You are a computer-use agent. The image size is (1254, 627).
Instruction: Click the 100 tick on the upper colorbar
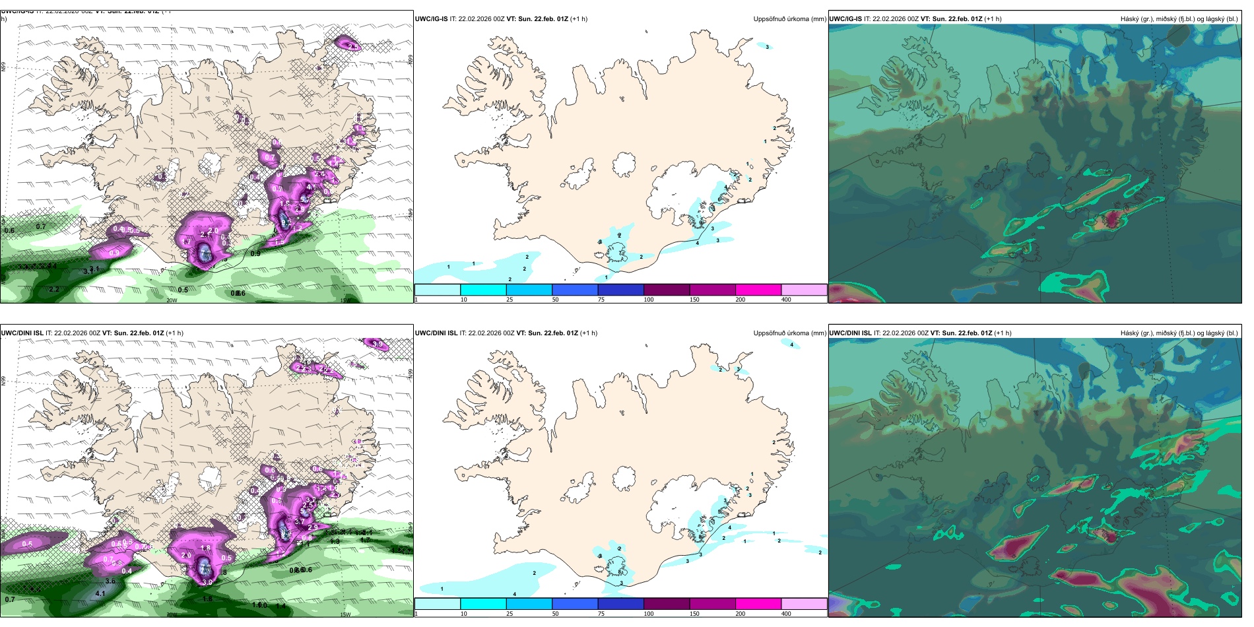649,300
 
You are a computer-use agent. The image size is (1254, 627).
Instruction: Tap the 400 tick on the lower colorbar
786,614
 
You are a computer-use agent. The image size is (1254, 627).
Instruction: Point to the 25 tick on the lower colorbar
510,614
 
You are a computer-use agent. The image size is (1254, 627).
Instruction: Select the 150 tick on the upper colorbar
694,300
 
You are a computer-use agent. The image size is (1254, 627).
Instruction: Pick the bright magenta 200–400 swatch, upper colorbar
758,290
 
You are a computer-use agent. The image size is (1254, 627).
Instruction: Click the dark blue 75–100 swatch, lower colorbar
620,604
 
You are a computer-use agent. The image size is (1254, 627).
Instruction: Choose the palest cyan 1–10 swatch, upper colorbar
438,290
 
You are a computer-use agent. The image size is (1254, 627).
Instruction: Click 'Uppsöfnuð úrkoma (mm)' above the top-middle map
789,19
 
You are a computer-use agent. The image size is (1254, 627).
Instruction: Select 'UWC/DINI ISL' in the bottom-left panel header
22,333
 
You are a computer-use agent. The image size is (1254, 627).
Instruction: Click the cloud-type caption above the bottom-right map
1179,333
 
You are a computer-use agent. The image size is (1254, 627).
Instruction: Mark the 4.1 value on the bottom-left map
100,593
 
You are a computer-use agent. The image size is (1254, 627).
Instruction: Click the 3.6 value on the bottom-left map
110,581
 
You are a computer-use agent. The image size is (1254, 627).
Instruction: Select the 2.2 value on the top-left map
54,289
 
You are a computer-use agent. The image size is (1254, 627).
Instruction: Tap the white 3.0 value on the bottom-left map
207,582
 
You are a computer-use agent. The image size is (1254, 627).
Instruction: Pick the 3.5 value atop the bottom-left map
378,344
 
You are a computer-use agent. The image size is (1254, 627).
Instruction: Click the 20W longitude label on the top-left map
172,300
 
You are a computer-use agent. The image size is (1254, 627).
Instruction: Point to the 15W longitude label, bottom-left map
345,614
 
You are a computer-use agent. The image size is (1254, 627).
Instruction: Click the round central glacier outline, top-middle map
624,164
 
